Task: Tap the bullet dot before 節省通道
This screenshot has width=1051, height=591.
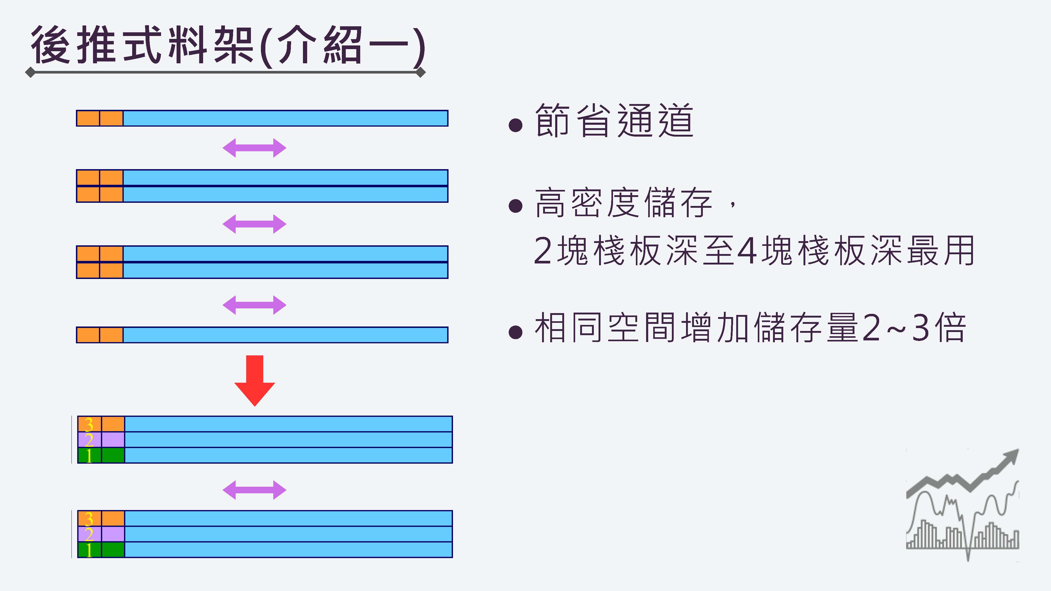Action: [x=516, y=125]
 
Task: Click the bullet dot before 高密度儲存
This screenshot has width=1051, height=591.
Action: [x=516, y=206]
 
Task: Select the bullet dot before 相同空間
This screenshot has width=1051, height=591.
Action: [x=516, y=332]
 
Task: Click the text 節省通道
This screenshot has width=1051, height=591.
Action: [x=614, y=121]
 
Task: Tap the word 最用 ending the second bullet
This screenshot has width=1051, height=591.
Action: [x=940, y=250]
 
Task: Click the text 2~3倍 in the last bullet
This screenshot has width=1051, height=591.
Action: [x=914, y=328]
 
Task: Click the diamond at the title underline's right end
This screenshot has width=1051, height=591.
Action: [x=421, y=72]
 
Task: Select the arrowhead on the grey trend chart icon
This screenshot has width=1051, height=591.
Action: [x=1011, y=457]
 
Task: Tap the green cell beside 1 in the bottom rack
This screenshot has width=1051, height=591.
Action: [x=113, y=550]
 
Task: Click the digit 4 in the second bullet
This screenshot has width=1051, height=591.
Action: [x=748, y=250]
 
